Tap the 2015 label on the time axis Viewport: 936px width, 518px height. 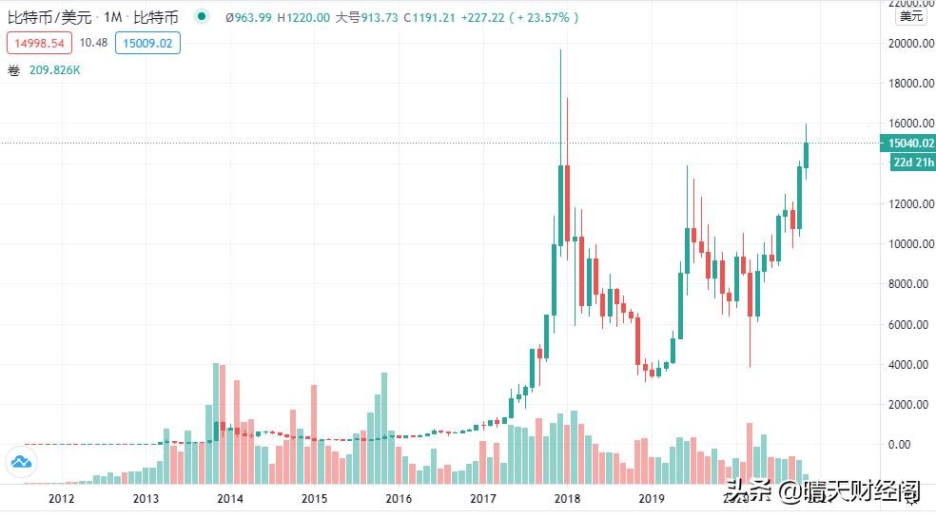[x=314, y=498]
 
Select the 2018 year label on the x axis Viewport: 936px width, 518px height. [x=567, y=498]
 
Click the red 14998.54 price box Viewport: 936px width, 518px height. [x=39, y=43]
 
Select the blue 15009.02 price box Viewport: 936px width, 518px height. [x=147, y=43]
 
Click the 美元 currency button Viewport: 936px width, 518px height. [x=911, y=16]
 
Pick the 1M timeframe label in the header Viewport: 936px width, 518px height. [x=114, y=17]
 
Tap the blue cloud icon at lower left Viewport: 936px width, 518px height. [x=21, y=463]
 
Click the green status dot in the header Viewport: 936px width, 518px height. [x=201, y=17]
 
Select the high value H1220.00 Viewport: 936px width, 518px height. [x=303, y=17]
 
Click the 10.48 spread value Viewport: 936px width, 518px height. [x=93, y=43]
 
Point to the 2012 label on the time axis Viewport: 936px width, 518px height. [x=61, y=498]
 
